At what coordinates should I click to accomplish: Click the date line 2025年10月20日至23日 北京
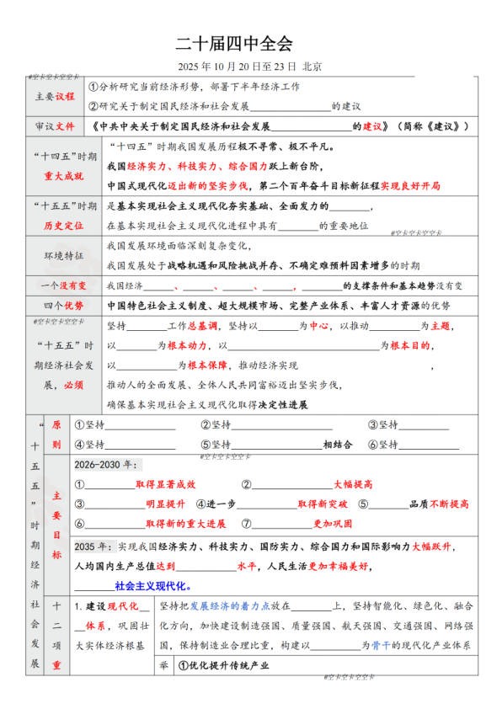click(250, 66)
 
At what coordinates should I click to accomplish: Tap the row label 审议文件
click(55, 126)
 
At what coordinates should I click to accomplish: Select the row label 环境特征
click(55, 255)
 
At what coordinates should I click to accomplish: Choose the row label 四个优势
click(55, 305)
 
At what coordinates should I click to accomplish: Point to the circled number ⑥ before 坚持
click(374, 445)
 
